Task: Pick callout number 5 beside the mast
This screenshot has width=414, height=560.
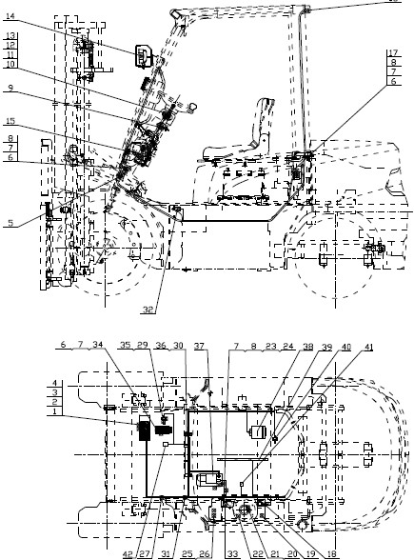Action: click(x=8, y=224)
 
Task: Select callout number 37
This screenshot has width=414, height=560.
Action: click(x=199, y=345)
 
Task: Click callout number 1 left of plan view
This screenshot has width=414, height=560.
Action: click(x=6, y=412)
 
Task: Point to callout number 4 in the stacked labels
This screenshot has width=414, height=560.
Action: click(x=6, y=383)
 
